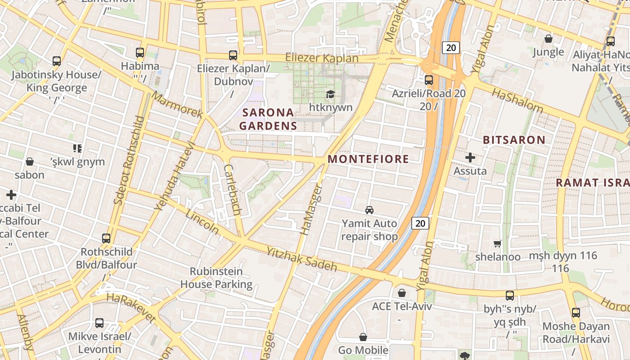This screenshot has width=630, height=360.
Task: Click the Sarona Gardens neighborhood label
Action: (x=268, y=119)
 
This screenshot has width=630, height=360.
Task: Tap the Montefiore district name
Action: (x=368, y=159)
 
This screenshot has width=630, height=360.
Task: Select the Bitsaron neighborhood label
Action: (x=514, y=140)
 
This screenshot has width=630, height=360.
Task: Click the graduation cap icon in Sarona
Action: (x=331, y=94)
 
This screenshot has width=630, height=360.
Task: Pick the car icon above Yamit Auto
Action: (x=369, y=210)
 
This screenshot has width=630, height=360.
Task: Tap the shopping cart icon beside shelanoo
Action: (x=497, y=243)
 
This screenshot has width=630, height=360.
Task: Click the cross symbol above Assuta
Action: (x=470, y=157)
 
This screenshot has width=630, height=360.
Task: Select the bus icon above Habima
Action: (x=140, y=52)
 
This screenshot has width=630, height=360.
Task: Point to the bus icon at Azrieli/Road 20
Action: (x=429, y=80)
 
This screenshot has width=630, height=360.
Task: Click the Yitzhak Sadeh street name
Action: (x=301, y=259)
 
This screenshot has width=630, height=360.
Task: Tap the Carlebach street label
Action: (x=232, y=189)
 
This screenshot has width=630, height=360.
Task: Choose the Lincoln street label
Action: (x=202, y=221)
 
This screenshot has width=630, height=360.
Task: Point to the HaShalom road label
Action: (x=517, y=100)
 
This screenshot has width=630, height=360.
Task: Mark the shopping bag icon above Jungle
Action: (x=548, y=39)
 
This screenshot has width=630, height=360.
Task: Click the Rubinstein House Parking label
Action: (x=216, y=278)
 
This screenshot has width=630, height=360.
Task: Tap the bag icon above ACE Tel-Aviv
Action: (x=402, y=293)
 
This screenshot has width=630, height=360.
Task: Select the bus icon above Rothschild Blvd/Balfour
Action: (x=106, y=238)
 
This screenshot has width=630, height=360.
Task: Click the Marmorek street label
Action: (x=176, y=105)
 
